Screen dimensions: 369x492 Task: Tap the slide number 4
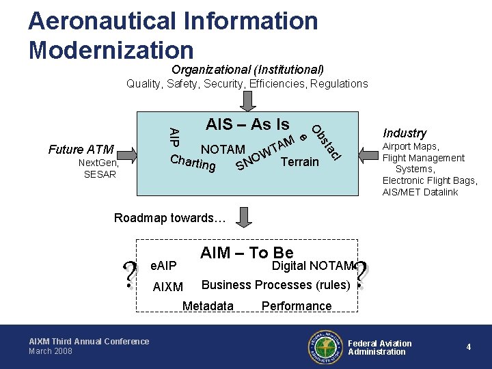469,347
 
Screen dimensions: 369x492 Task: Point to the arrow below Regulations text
249,100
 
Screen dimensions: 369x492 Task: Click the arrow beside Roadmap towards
245,218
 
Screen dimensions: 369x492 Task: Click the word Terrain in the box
300,162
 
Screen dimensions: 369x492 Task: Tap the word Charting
193,163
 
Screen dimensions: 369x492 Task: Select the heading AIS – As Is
247,124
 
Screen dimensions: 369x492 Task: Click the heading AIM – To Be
247,253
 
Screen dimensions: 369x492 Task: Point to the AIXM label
167,287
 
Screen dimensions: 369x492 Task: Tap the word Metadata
208,306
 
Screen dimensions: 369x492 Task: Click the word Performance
297,306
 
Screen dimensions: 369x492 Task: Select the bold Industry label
405,133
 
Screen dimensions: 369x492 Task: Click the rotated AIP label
174,136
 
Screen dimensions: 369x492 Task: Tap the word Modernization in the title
111,49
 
